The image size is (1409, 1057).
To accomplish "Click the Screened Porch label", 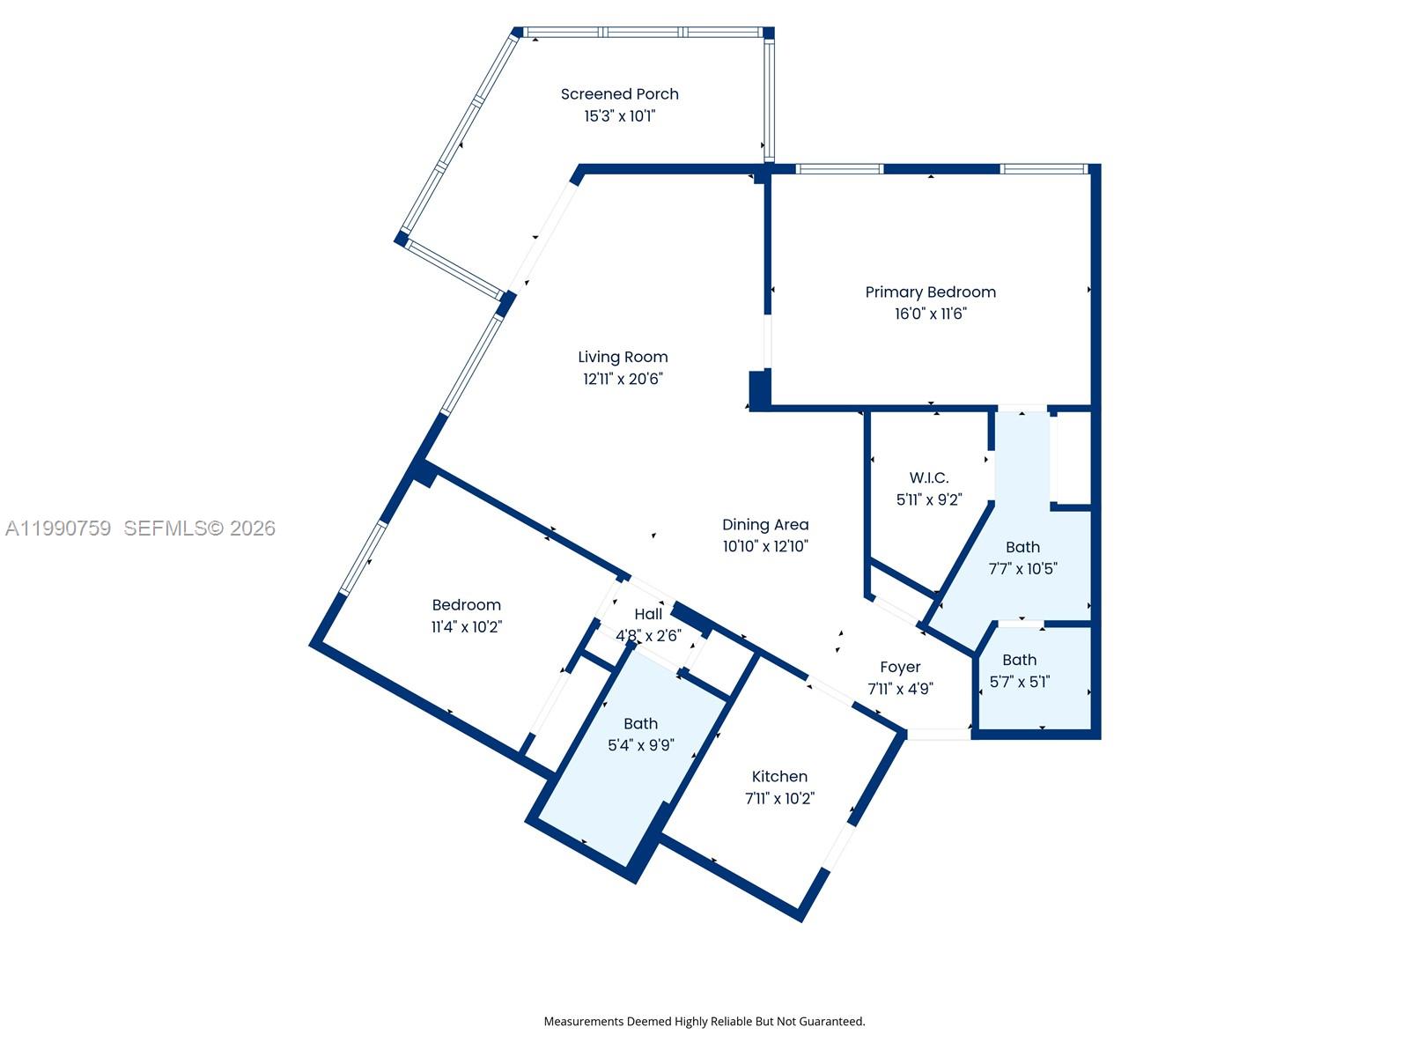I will (619, 94).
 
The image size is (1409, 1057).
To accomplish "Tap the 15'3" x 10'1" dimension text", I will (619, 116).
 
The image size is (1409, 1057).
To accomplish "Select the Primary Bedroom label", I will (930, 292).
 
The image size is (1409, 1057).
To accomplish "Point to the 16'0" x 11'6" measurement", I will (930, 314).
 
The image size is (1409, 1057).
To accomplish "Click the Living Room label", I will (623, 357).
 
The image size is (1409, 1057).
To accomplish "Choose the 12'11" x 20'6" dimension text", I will (623, 379).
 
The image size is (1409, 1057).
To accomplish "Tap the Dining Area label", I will (765, 525).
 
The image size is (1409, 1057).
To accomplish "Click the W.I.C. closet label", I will (929, 478).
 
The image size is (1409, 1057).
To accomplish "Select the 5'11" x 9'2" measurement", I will (929, 499).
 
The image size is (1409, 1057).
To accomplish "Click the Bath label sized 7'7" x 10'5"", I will (1022, 547).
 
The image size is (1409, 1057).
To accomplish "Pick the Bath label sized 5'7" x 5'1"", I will (1019, 660).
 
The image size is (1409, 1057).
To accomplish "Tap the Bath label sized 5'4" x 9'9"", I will (640, 724).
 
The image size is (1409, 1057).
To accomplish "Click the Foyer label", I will (900, 668).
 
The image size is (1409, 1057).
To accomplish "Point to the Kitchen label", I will (779, 777).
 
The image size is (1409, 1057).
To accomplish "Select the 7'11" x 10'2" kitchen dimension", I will (779, 799).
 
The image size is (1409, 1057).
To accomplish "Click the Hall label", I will (648, 615).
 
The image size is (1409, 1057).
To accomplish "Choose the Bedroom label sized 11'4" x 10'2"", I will (466, 605).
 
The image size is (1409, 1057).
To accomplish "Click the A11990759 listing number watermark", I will (58, 528).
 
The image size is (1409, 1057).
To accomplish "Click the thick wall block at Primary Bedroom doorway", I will (759, 388).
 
